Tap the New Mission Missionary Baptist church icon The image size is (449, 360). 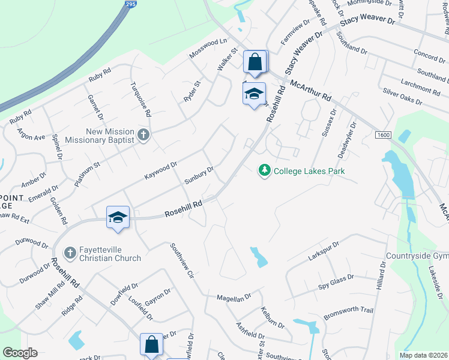pyautogui.click(x=143, y=135)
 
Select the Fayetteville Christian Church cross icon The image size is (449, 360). pyautogui.click(x=70, y=253)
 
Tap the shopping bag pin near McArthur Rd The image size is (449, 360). pyautogui.click(x=255, y=62)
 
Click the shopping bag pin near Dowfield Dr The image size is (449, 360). pyautogui.click(x=151, y=345)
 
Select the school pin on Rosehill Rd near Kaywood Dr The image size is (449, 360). pyautogui.click(x=118, y=217)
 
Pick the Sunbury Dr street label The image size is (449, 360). pyautogui.click(x=199, y=176)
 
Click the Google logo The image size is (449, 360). pyautogui.click(x=20, y=353)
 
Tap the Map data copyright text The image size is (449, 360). pyautogui.click(x=423, y=355)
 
